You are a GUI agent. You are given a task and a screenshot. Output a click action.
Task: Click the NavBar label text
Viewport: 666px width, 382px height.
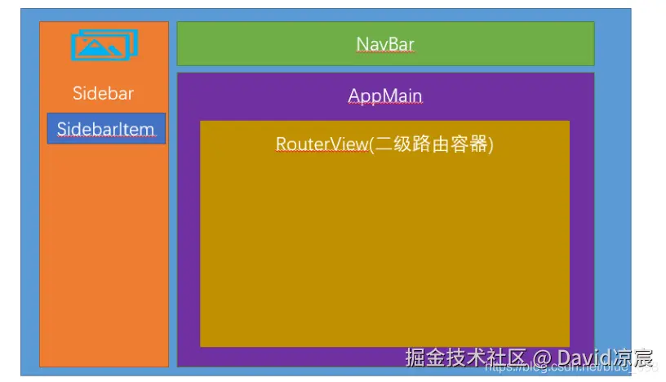tap(385, 43)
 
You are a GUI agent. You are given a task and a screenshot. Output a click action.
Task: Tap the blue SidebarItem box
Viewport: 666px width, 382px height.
tap(106, 129)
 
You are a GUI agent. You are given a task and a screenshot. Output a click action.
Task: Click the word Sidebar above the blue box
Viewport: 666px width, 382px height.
tap(103, 93)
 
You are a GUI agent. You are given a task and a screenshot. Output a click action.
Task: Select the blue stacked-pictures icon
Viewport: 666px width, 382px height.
tap(104, 45)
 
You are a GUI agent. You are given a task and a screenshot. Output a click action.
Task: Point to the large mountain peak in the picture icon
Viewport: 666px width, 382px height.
tap(100, 47)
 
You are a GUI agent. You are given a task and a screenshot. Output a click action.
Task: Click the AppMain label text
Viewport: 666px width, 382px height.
tap(385, 95)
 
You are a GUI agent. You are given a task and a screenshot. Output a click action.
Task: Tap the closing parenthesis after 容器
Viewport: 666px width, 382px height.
tap(491, 144)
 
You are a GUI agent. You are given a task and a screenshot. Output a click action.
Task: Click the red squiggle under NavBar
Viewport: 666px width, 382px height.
tap(385, 52)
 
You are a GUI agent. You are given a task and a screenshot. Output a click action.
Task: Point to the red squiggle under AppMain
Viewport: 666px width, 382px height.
tap(385, 104)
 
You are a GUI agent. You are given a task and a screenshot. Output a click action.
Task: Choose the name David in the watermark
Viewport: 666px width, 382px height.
tap(583, 358)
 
